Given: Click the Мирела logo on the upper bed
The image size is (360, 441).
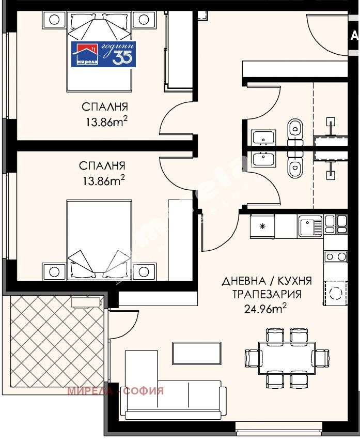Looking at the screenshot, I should click(x=103, y=54).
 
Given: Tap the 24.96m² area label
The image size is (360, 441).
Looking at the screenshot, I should click(x=265, y=309).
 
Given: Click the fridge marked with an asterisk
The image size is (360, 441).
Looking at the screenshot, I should click(x=262, y=226).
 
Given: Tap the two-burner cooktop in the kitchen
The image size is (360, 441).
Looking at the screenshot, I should click(x=335, y=256).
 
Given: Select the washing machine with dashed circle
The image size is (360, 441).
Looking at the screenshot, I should click(x=335, y=291).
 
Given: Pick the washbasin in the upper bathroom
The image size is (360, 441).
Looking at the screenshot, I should click(x=264, y=138).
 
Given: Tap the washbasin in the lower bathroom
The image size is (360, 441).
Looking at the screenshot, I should click(x=264, y=157).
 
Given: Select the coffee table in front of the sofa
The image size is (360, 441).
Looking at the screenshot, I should click(x=196, y=353).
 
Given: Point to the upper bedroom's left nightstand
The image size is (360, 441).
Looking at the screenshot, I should click(x=53, y=20).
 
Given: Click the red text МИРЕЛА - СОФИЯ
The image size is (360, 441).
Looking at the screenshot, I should click(x=115, y=391).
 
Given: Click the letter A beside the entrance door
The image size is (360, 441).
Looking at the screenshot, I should click(x=354, y=36).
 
